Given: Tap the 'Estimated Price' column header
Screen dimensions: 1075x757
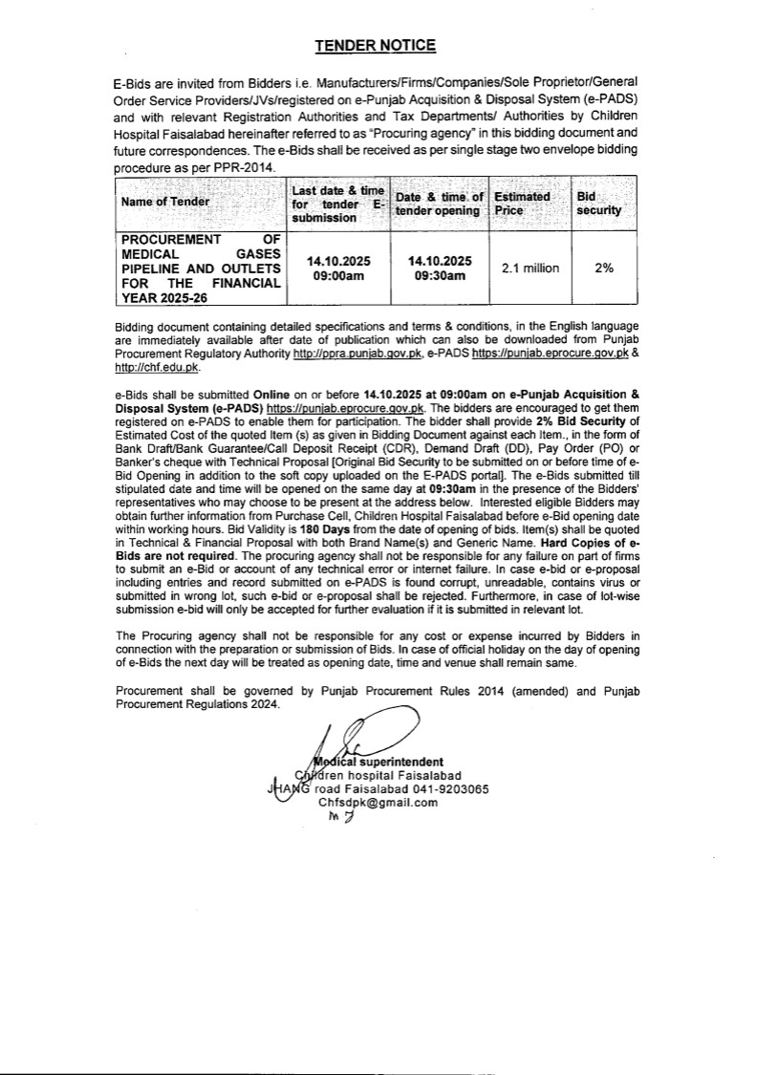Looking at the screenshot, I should click(x=521, y=203).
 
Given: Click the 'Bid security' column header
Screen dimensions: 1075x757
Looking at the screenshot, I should click(x=599, y=203).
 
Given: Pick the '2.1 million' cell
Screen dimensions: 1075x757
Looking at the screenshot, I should click(x=530, y=269).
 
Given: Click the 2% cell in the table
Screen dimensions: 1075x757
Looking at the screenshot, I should click(x=603, y=269).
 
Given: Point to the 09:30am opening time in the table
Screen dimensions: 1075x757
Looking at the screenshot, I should click(x=440, y=276).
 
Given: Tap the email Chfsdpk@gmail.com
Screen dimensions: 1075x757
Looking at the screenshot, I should click(x=378, y=803).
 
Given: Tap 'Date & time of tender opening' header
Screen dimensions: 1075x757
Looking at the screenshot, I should click(x=439, y=203).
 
